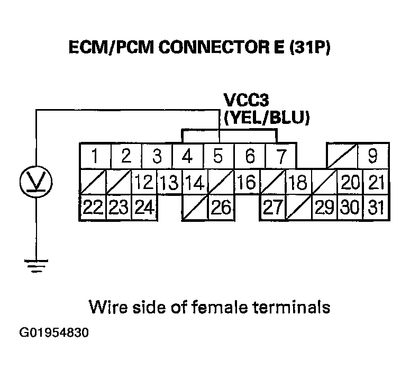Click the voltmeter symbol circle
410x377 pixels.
point(35,182)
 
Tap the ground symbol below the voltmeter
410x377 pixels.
point(35,265)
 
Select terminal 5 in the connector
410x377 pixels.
point(217,156)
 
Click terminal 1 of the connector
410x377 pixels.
point(95,156)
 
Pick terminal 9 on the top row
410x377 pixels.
point(372,156)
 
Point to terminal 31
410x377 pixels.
point(376,207)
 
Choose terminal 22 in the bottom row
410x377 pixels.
point(92,207)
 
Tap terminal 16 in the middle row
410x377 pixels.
point(246,182)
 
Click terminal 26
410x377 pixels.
point(221,207)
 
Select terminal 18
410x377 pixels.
point(298,182)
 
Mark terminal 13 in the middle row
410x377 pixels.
point(169,182)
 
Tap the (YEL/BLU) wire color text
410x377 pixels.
point(266,118)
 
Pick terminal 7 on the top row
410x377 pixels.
point(281,156)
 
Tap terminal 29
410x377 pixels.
point(324,207)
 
